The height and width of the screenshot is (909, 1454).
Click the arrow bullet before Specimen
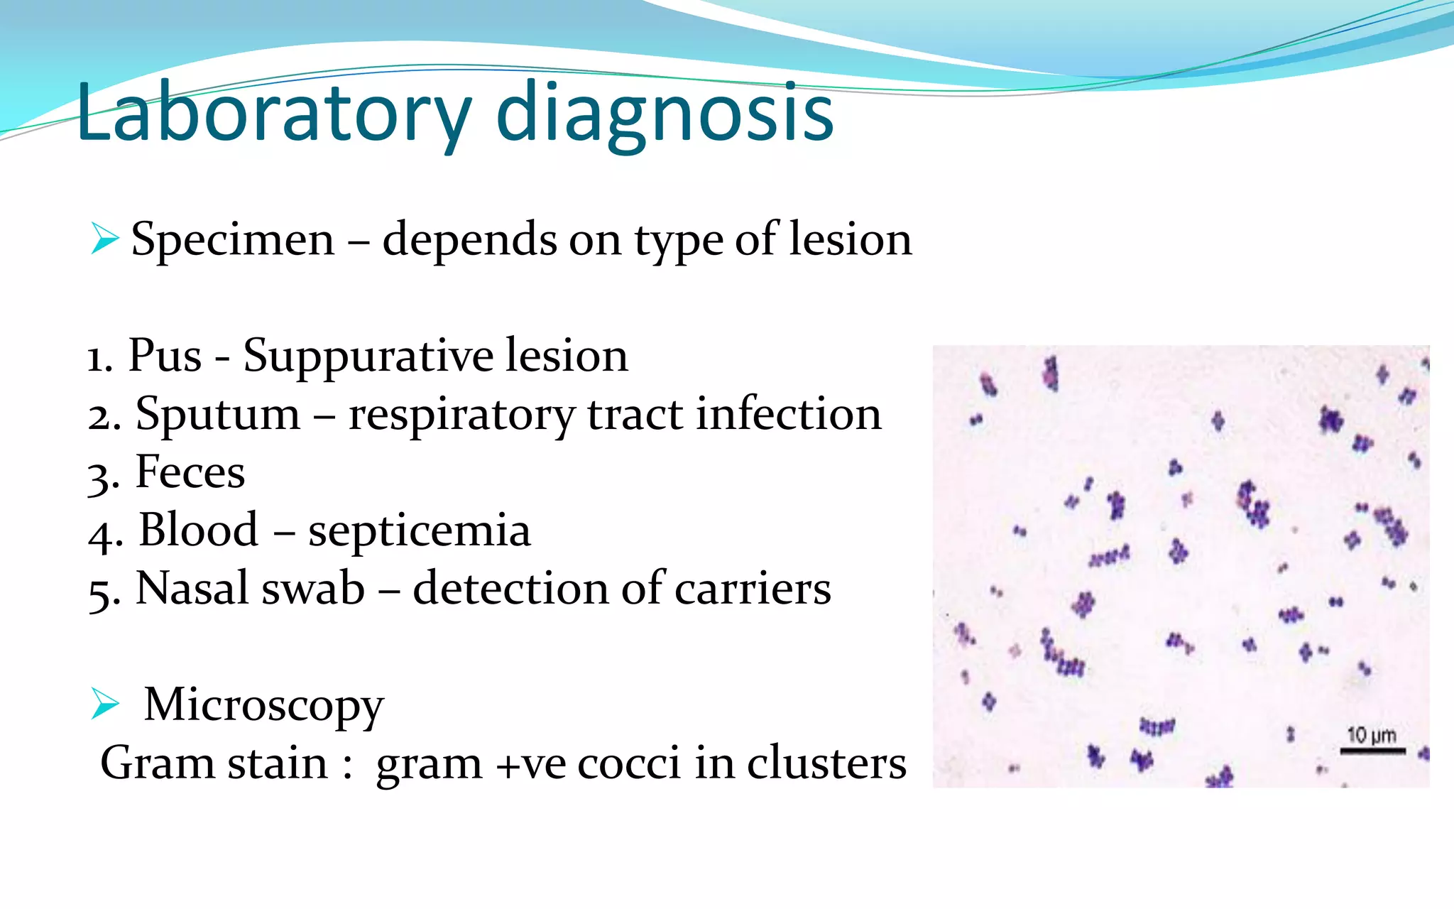pyautogui.click(x=104, y=239)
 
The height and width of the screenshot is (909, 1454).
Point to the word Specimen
pyautogui.click(x=232, y=240)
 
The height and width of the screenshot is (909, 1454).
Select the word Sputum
pyautogui.click(x=218, y=415)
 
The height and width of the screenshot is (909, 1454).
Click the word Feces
pyautogui.click(x=190, y=472)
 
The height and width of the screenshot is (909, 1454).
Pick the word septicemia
pyautogui.click(x=419, y=531)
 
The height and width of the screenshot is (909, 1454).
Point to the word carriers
pyautogui.click(x=753, y=589)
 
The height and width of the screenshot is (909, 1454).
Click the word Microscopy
pyautogui.click(x=263, y=706)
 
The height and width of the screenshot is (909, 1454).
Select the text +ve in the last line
pyautogui.click(x=531, y=764)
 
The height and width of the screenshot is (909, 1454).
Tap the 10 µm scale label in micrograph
pyautogui.click(x=1372, y=735)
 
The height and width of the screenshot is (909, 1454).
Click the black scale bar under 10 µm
pyautogui.click(x=1372, y=751)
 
